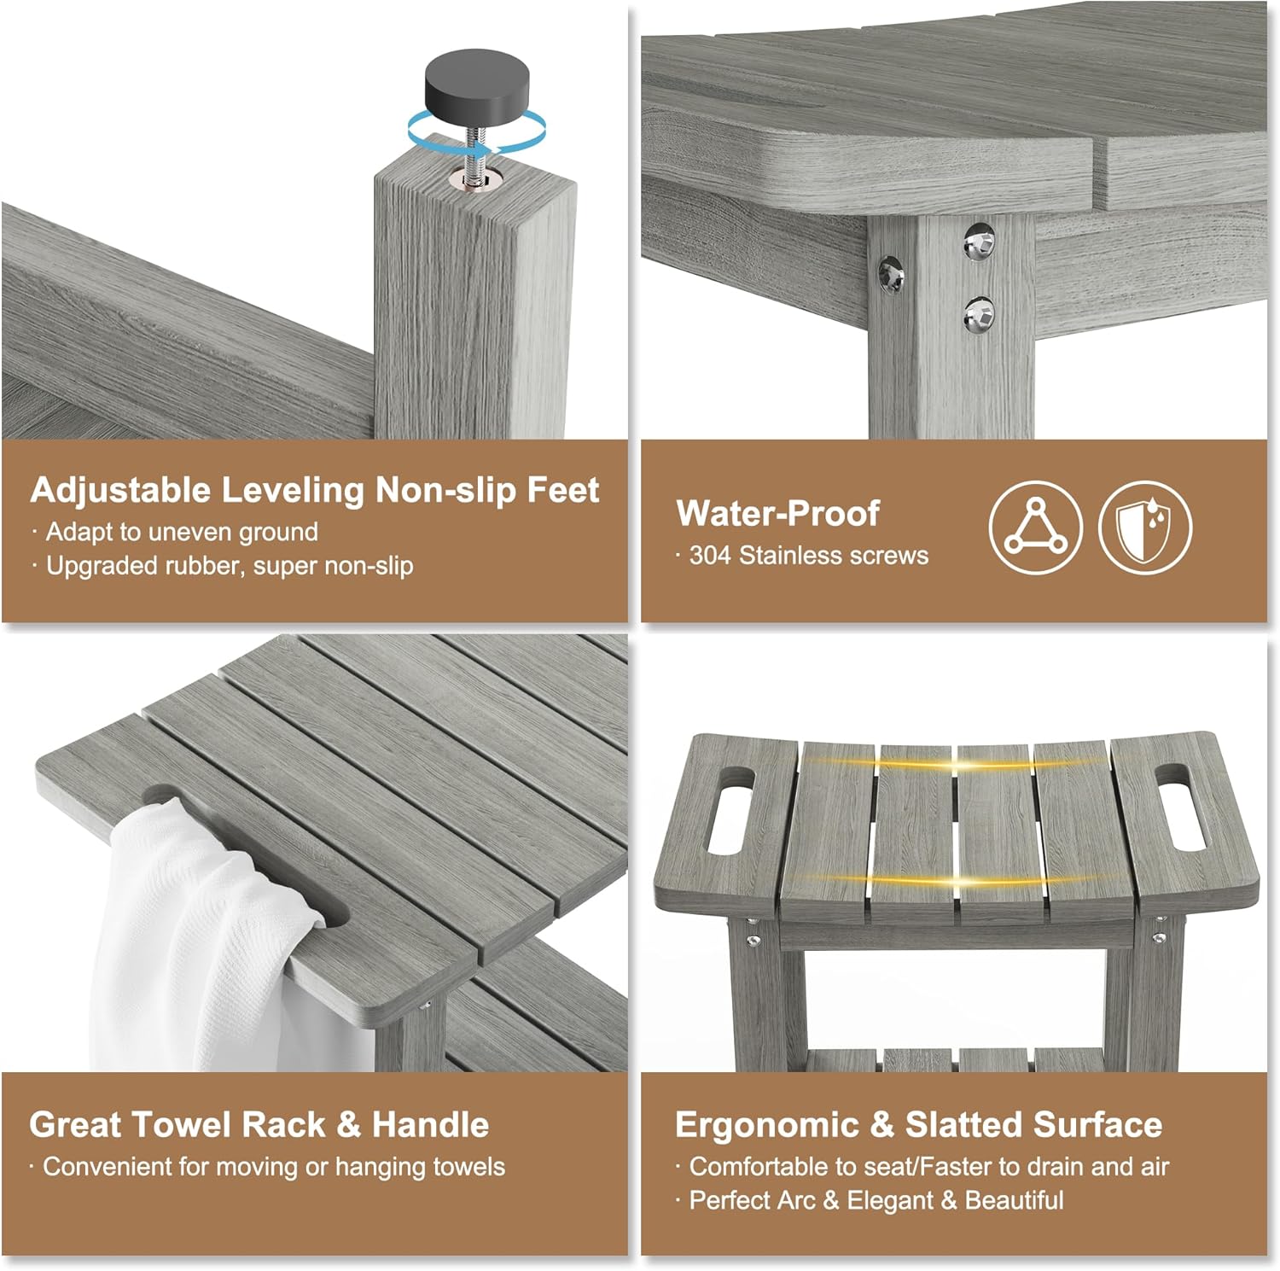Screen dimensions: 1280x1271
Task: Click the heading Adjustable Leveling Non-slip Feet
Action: click(x=314, y=490)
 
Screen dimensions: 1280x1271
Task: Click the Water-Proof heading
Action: click(x=777, y=513)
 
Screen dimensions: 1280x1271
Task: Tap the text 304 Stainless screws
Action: click(x=802, y=556)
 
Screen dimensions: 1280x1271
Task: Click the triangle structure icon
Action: click(x=1035, y=527)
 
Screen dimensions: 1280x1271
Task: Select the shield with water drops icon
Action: click(x=1145, y=527)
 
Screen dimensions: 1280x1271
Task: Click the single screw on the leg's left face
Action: click(x=891, y=274)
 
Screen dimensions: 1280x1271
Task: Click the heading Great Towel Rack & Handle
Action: click(x=259, y=1124)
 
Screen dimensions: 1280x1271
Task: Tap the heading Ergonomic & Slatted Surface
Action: click(x=918, y=1124)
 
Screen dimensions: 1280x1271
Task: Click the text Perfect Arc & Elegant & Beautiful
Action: click(x=870, y=1201)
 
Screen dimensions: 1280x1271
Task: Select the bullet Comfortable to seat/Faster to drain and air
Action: click(x=922, y=1167)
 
